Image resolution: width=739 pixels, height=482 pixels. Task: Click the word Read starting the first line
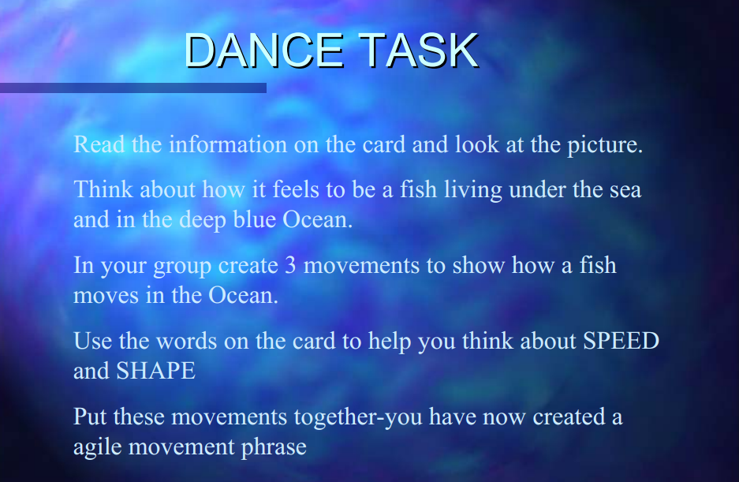[x=96, y=145]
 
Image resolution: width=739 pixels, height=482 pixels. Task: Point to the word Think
[x=103, y=190]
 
